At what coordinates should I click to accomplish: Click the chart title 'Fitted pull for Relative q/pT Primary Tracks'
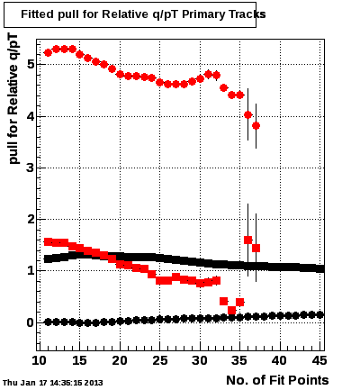[143, 14]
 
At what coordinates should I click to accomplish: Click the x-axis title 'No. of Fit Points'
[277, 380]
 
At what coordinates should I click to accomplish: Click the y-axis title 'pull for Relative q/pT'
[13, 99]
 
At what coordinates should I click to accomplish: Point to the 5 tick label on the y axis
[30, 65]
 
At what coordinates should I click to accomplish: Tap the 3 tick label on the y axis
[30, 168]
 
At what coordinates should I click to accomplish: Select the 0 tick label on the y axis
[30, 322]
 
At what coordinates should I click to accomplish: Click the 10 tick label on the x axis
[40, 360]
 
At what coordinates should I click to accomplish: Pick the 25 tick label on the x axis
[160, 360]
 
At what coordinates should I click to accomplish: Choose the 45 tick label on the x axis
[319, 360]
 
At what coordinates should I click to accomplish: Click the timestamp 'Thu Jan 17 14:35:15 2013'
[53, 383]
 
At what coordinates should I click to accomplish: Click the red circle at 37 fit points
[256, 126]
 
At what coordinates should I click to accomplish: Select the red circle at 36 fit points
[247, 114]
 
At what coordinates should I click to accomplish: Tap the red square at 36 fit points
[247, 240]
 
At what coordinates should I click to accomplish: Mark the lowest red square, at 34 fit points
[231, 310]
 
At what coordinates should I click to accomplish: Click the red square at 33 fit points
[223, 301]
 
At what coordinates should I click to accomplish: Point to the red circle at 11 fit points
[48, 53]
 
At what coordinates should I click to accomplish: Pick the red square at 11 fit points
[48, 241]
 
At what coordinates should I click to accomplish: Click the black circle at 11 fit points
[48, 322]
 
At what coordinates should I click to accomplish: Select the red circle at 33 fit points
[223, 88]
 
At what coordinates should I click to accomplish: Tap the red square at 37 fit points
[256, 249]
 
